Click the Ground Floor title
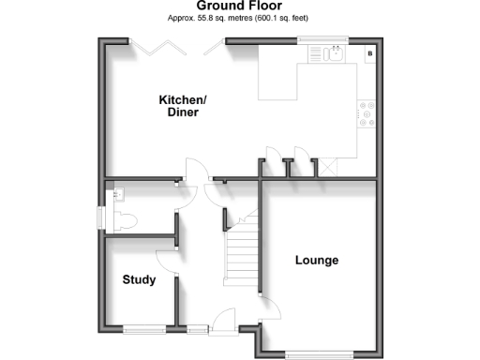pos(239,7)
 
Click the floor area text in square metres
pos(239,19)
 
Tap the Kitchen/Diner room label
pos(183,105)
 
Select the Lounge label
pos(316,260)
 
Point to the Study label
pos(139,279)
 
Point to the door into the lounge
pos(266,306)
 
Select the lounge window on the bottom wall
pos(319,353)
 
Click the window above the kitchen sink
pos(322,40)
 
